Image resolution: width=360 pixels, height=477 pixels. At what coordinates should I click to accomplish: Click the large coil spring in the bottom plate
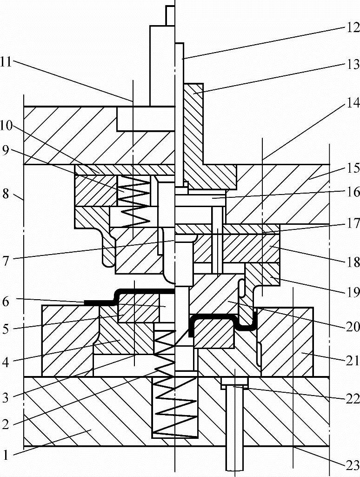(175, 407)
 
